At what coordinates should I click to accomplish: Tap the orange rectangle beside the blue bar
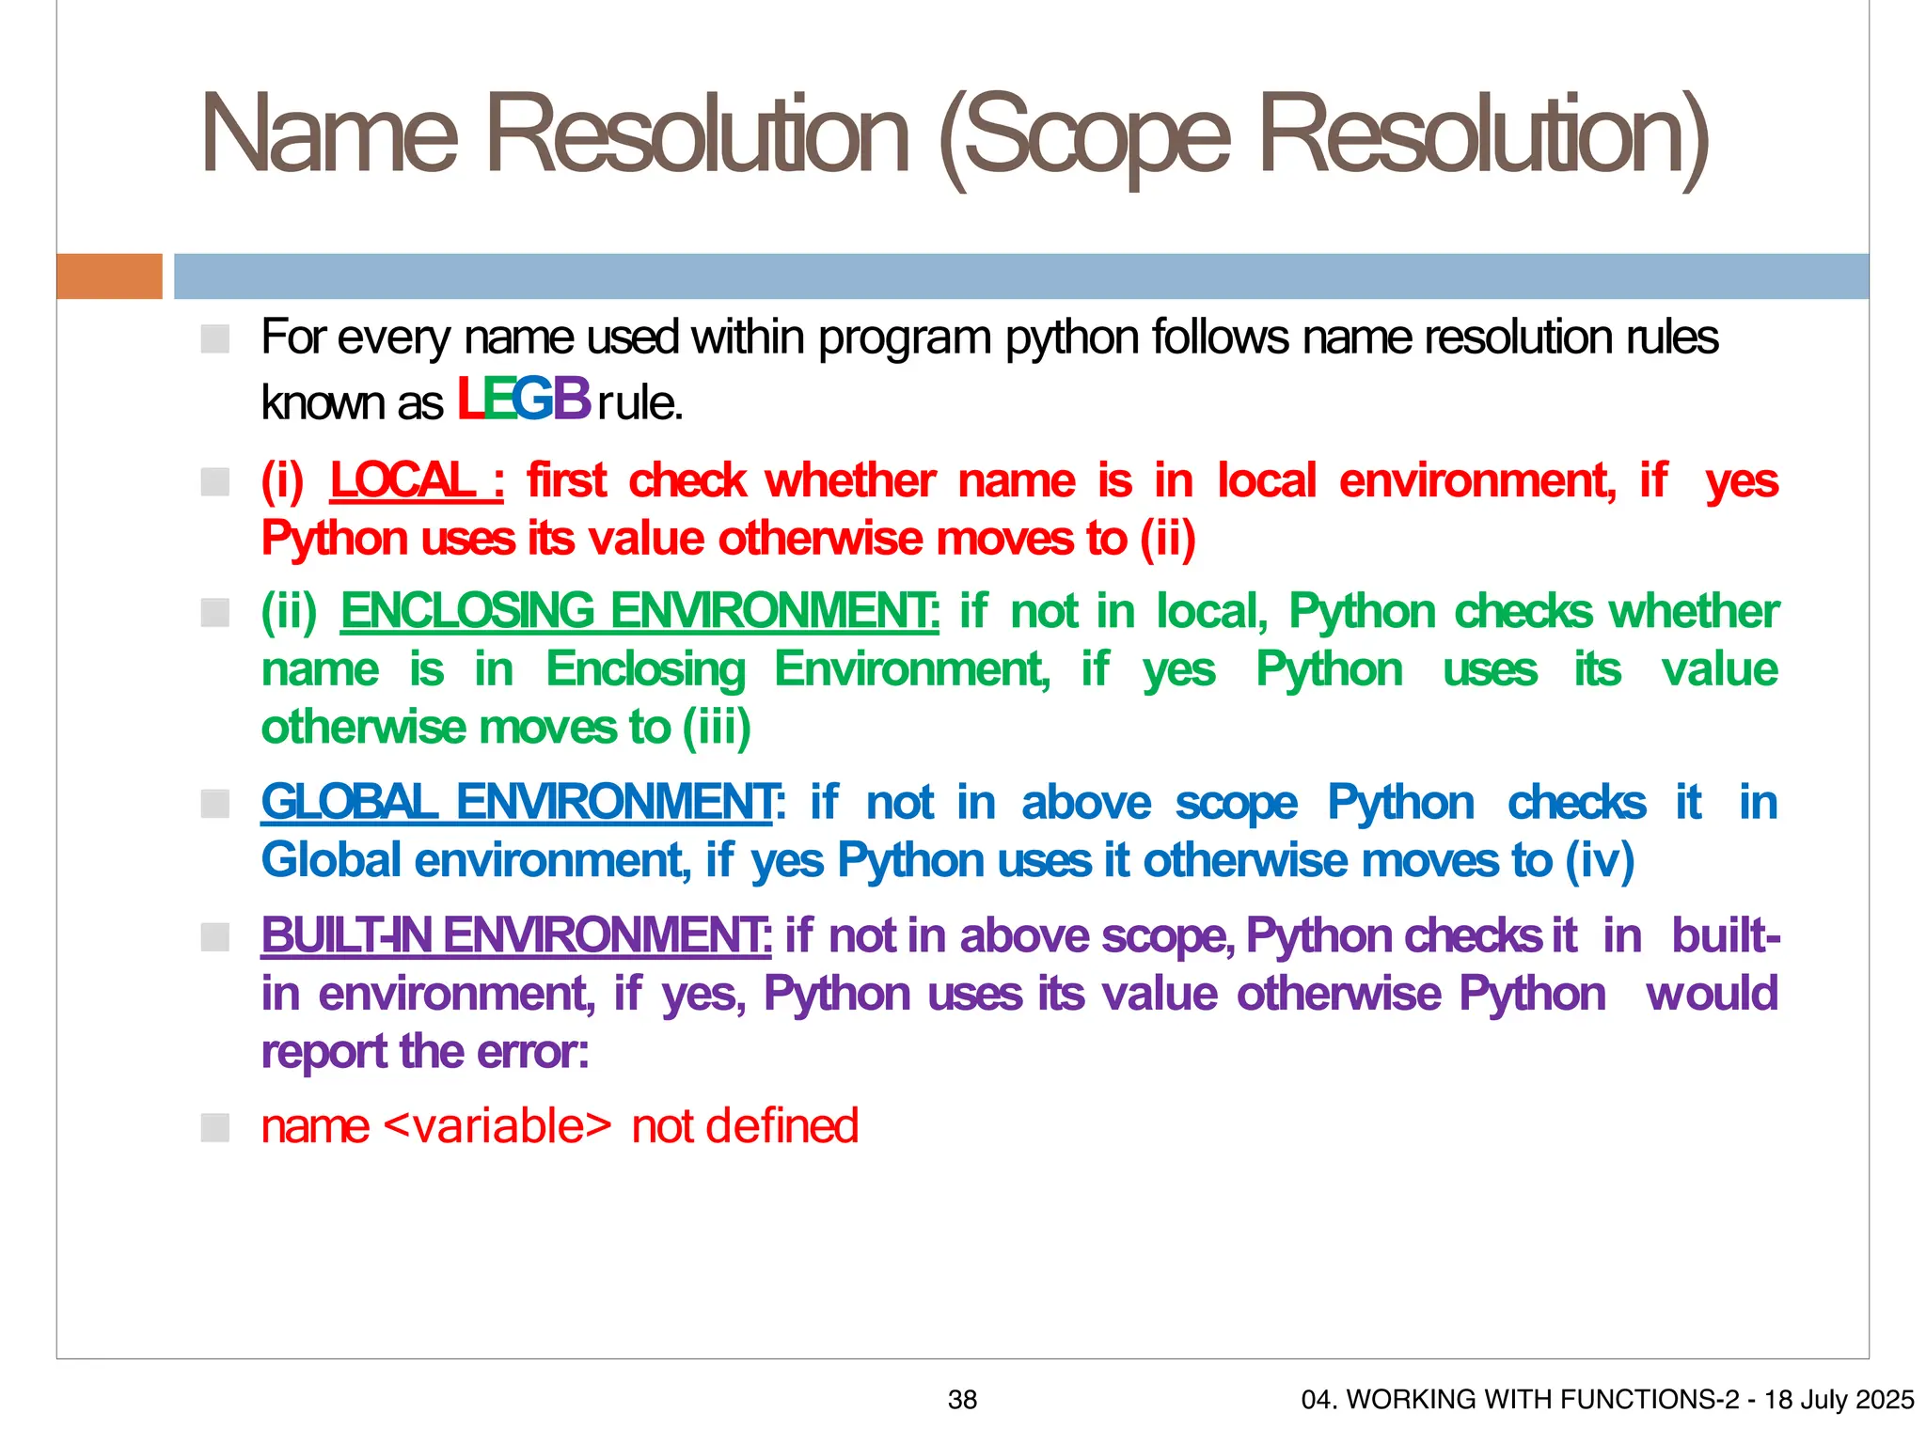click(x=109, y=276)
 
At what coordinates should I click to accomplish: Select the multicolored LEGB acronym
click(x=523, y=399)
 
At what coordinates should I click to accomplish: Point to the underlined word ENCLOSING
click(x=466, y=611)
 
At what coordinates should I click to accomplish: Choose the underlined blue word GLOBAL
click(x=349, y=802)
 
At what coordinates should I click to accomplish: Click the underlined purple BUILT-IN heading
click(x=346, y=935)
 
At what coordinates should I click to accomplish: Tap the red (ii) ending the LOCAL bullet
click(x=1167, y=539)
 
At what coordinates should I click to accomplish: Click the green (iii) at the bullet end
click(x=717, y=728)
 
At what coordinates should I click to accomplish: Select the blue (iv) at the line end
click(x=1600, y=860)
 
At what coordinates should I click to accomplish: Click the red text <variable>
click(x=498, y=1126)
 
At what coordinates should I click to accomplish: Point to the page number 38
click(x=962, y=1400)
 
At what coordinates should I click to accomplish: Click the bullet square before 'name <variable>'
click(x=215, y=1127)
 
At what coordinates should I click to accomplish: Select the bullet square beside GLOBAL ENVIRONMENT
click(x=215, y=804)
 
